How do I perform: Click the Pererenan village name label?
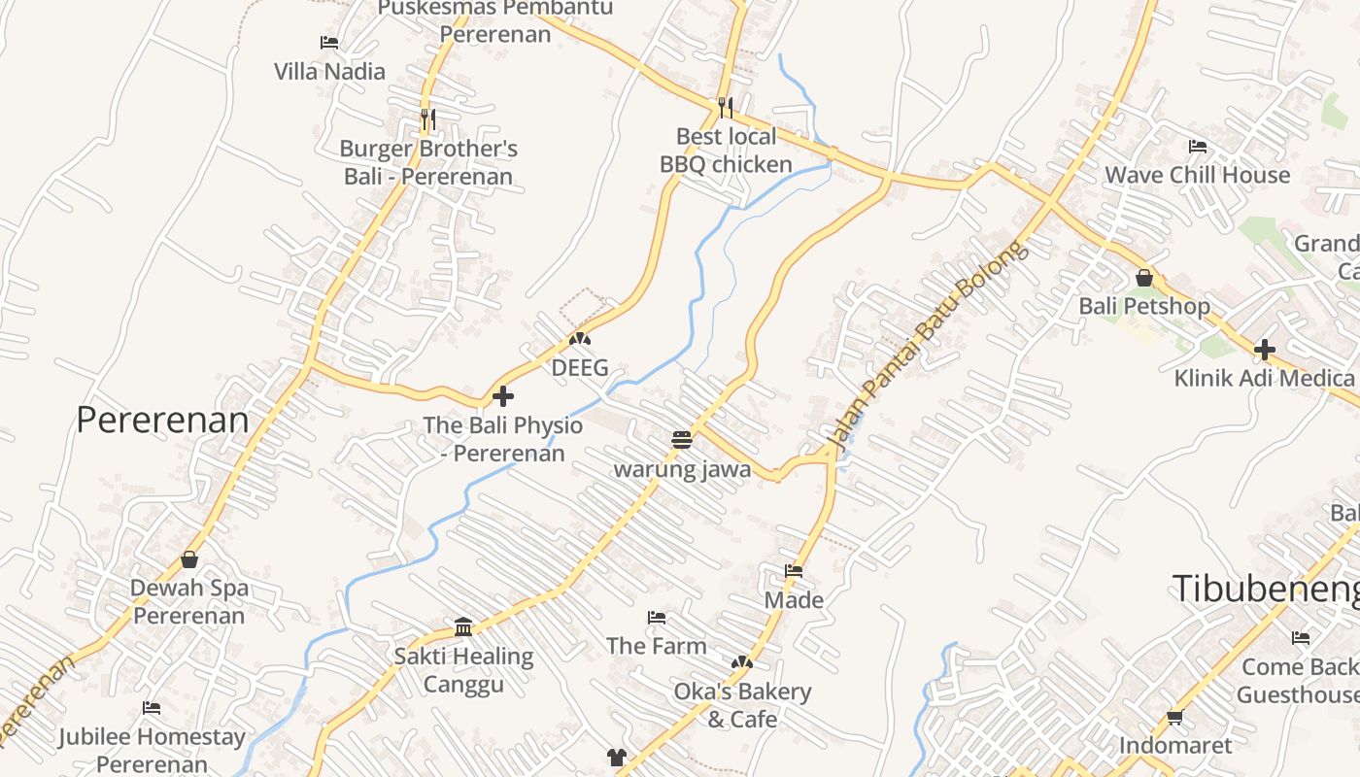pos(162,420)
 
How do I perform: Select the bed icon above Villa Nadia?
pos(329,43)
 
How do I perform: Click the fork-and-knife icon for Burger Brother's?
pos(427,119)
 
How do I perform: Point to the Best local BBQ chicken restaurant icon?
pos(726,107)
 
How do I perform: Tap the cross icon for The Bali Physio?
pos(503,396)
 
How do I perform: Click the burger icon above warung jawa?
pos(682,440)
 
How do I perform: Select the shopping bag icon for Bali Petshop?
pos(1144,278)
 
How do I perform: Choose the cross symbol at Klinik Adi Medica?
pos(1264,349)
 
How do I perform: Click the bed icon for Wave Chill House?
pos(1198,147)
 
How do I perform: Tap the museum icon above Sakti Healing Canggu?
pos(463,626)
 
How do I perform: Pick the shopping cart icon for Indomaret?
pos(1175,718)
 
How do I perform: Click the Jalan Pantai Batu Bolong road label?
pos(928,347)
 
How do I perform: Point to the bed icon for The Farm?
pos(657,618)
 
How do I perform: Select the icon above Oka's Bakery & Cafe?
pos(742,662)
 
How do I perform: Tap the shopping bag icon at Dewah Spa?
pos(189,559)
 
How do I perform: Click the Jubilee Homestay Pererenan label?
pos(152,750)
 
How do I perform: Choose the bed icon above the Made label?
pos(794,571)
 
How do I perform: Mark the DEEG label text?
pos(580,368)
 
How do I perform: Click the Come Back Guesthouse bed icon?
pos(1301,638)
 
